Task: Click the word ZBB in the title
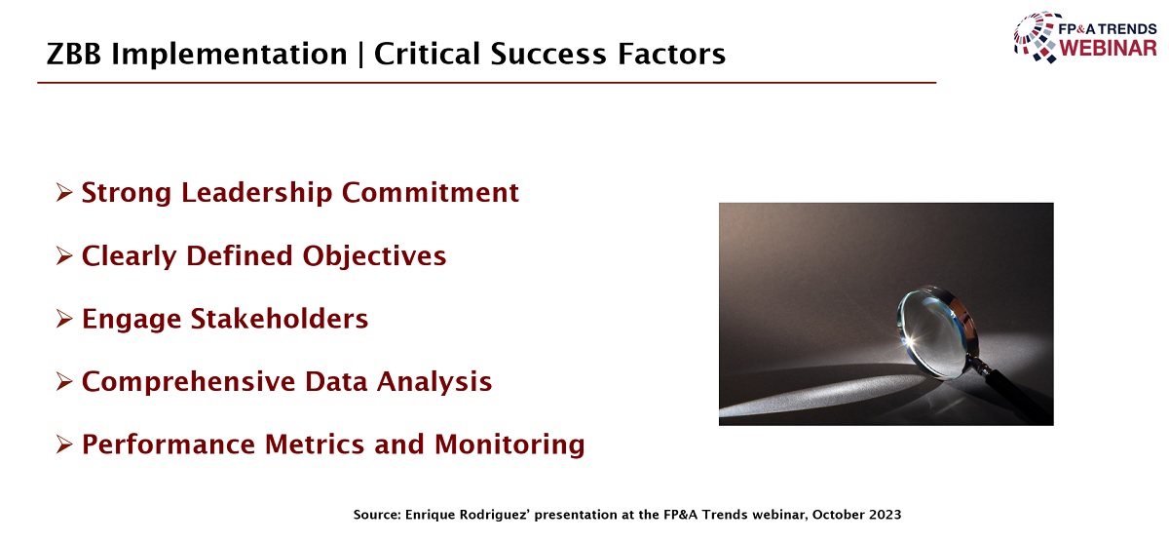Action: (74, 54)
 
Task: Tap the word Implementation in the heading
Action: (230, 55)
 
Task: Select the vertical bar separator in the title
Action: (360, 55)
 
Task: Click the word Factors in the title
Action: (671, 54)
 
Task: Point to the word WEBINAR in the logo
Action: (1109, 49)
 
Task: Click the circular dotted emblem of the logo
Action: (1037, 37)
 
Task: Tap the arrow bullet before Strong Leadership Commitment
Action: (63, 193)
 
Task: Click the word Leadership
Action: (257, 193)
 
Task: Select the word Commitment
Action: (431, 193)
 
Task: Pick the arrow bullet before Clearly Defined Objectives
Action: (63, 255)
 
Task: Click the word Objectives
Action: (374, 256)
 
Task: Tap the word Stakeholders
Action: (280, 319)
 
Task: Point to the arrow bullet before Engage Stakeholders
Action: (63, 319)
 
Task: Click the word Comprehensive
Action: (188, 382)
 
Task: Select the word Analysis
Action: (434, 382)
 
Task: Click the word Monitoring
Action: (509, 444)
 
